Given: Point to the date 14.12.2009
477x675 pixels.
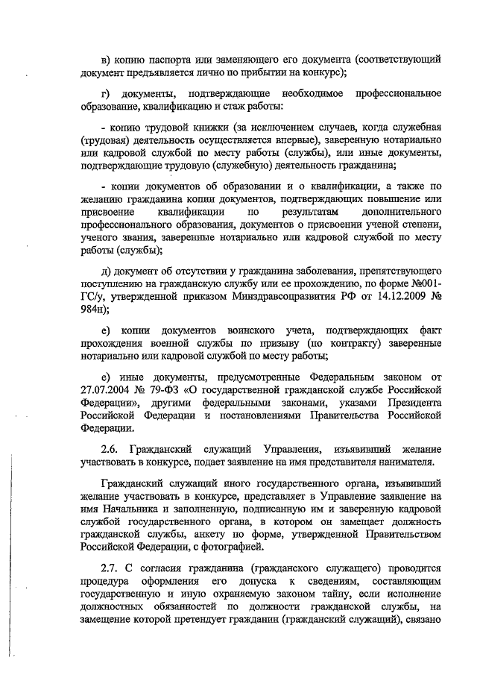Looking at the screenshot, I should click(x=402, y=298).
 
